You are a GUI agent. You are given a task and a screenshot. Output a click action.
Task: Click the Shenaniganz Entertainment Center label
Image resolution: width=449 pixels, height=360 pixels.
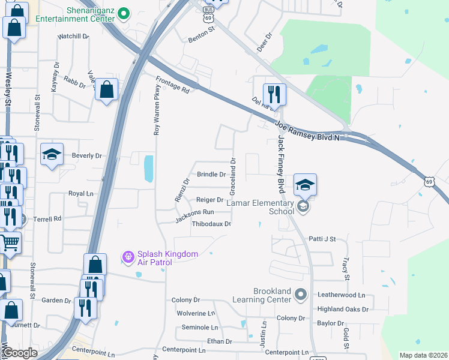(74, 14)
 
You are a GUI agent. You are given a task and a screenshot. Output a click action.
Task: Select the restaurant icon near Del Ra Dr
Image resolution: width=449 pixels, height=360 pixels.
(274, 94)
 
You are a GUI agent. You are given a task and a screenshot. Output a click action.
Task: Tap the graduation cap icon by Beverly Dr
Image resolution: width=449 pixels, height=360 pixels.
(52, 155)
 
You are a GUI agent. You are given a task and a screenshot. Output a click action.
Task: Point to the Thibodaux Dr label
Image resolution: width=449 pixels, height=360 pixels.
(211, 224)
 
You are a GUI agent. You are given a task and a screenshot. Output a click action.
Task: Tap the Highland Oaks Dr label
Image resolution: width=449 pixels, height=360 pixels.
(343, 309)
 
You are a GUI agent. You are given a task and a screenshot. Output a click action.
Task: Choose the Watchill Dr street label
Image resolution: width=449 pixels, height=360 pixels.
(73, 37)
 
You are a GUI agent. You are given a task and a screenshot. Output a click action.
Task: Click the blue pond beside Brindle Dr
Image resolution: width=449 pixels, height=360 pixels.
(148, 168)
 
